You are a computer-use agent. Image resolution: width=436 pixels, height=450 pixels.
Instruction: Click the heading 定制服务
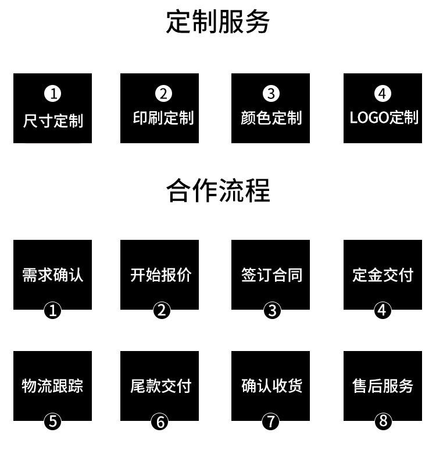[218, 23]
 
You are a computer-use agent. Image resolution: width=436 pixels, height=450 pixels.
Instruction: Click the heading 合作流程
[218, 190]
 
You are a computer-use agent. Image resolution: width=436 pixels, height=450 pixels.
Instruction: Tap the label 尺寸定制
[53, 121]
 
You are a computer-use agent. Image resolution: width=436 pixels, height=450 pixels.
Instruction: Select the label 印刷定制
[163, 118]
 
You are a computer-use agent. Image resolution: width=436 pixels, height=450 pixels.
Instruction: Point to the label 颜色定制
[271, 118]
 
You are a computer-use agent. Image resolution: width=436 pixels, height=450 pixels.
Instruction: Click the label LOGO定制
[384, 118]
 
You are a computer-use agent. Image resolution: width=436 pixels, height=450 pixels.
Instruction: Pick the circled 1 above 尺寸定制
[52, 94]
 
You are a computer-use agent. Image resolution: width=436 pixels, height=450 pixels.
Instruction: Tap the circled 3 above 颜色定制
[271, 94]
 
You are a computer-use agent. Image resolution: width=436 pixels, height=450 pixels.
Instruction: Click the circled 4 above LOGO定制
[382, 94]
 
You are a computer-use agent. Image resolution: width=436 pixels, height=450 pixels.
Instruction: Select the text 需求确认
[52, 275]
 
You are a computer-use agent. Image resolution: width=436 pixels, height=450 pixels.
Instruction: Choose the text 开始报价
[160, 275]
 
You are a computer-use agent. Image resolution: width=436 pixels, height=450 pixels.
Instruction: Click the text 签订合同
[271, 275]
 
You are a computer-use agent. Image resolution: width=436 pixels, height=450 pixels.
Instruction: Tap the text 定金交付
[383, 275]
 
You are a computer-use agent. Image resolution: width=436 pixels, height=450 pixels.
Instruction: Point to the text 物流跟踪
[52, 385]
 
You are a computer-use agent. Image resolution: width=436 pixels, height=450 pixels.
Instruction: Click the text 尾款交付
[160, 385]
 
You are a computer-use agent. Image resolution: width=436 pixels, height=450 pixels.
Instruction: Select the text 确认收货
[271, 385]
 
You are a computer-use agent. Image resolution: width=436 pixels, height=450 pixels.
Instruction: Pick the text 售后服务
[383, 385]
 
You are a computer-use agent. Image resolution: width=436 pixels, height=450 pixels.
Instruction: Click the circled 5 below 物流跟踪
[53, 421]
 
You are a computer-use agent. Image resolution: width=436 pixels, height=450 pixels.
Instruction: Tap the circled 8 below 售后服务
[383, 421]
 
